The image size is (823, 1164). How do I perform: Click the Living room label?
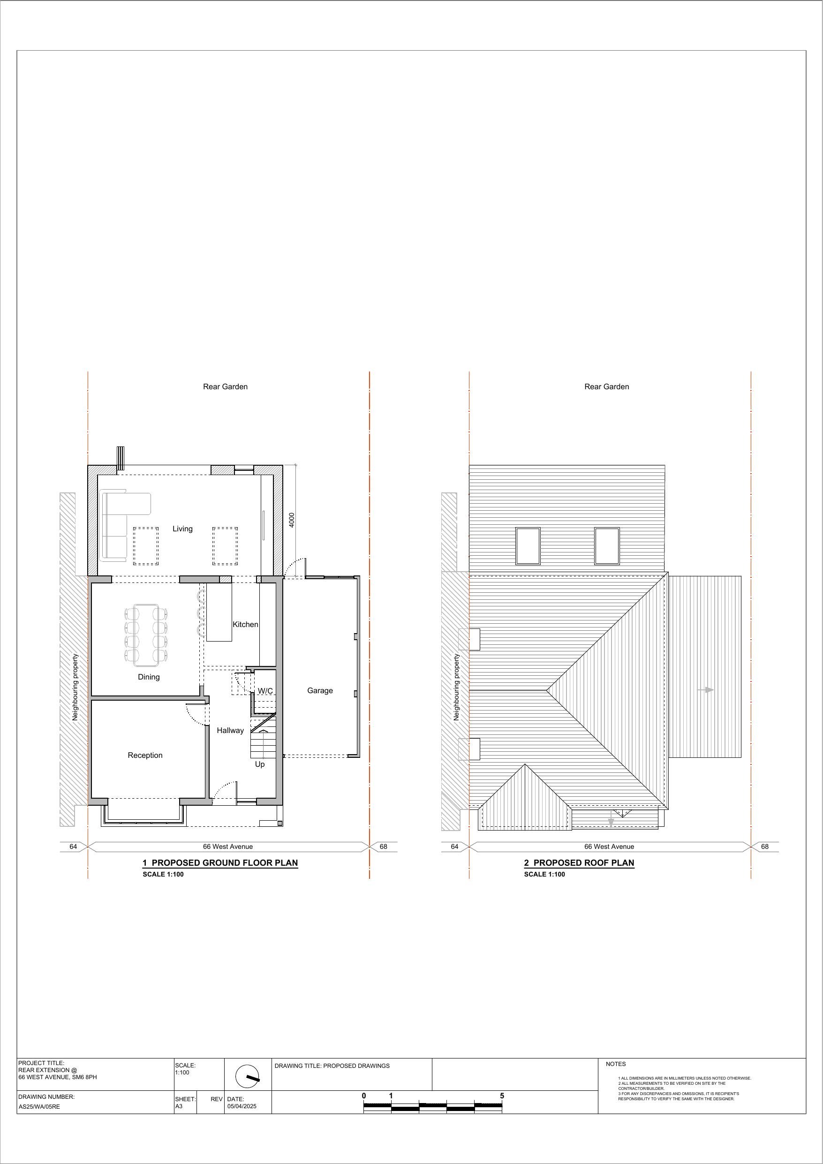click(x=182, y=529)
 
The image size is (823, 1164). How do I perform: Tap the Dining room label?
click(x=149, y=677)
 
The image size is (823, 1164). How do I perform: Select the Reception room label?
click(x=145, y=755)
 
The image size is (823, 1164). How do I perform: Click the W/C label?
click(x=265, y=691)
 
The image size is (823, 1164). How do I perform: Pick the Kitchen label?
click(x=245, y=624)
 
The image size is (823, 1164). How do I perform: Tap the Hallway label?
click(x=230, y=730)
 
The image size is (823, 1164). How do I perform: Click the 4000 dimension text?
click(x=292, y=520)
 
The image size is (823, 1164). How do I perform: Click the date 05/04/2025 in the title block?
click(x=242, y=1106)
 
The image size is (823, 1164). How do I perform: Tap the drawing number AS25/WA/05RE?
click(x=39, y=1107)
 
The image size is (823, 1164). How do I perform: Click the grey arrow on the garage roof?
click(x=706, y=690)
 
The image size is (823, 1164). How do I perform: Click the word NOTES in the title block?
click(x=616, y=1064)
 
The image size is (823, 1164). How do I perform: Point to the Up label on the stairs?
click(x=260, y=764)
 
